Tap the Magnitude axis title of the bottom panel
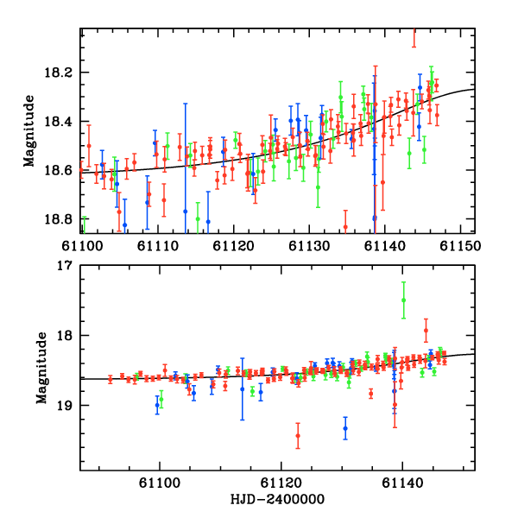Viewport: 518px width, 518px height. (41, 369)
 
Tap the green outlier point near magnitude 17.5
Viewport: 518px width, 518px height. (403, 300)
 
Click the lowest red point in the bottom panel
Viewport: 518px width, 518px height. (298, 436)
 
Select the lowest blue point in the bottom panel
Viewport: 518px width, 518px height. (345, 428)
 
